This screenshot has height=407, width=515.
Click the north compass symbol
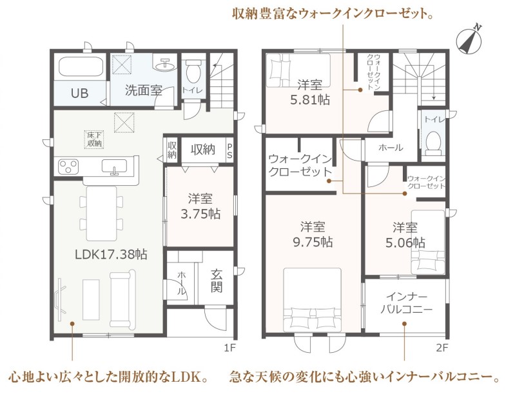469,41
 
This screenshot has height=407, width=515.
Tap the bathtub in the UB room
81,66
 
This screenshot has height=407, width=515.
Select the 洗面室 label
144,90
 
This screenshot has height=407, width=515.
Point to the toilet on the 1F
193,70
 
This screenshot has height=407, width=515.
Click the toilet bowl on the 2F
434,143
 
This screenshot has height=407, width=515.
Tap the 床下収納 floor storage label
94,140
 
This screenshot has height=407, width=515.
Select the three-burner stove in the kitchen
68,166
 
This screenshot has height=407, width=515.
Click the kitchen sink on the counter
114,166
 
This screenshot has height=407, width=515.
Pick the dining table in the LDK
101,213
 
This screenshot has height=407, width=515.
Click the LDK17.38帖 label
111,255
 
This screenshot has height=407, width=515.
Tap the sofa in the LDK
123,298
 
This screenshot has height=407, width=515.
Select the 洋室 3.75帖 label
200,206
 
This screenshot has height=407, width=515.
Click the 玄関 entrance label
217,281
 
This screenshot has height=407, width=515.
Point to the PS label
229,151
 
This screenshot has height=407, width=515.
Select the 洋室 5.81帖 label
310,92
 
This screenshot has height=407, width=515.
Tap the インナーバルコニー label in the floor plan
406,303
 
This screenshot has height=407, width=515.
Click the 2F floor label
442,348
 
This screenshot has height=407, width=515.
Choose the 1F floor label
230,348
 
